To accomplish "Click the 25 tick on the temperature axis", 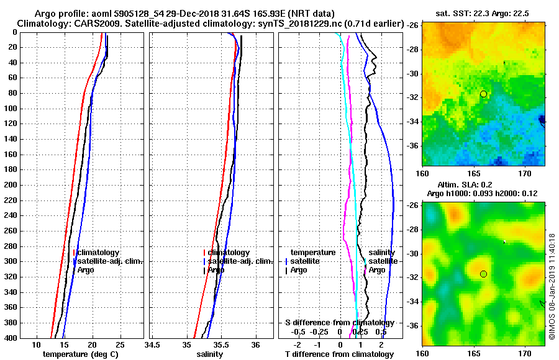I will coord(120,345).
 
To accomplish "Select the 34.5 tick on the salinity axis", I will coord(152,345).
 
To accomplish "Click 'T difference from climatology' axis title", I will coord(339,354).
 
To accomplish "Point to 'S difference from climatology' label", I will coord(339,323).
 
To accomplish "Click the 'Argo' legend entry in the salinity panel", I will coord(216,270).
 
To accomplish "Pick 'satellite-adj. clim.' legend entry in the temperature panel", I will coord(109,261).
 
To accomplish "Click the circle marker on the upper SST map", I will coord(483,94).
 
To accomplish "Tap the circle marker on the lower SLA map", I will coord(483,274).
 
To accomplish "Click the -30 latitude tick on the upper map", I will coord(415,74).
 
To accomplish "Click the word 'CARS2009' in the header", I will coord(93,24).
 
